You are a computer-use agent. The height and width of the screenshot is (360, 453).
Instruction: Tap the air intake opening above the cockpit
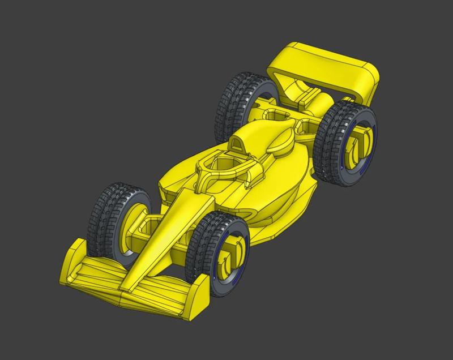[238, 144]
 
